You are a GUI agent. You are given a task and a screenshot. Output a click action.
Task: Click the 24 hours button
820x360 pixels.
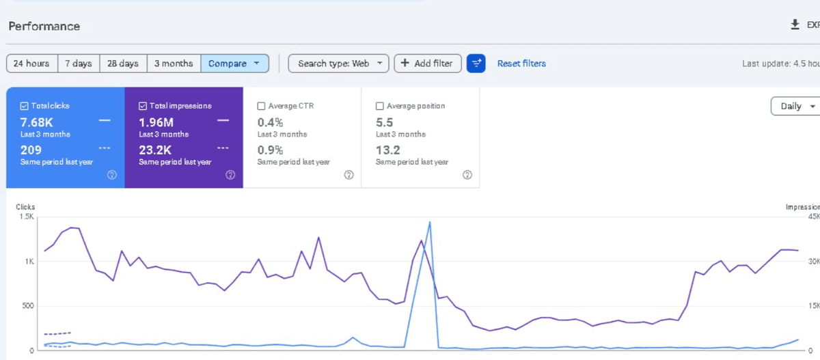(x=32, y=64)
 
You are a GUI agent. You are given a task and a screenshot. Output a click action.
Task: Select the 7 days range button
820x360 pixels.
(x=79, y=64)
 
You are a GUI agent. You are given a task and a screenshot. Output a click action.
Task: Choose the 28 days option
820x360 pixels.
(x=123, y=64)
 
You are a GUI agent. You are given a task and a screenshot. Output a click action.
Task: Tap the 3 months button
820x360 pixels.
(x=174, y=64)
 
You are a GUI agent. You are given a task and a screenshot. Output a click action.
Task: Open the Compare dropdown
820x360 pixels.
(x=234, y=64)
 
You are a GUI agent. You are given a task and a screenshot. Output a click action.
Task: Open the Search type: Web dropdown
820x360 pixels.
(x=339, y=64)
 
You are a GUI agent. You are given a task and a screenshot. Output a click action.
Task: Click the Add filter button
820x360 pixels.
(x=428, y=64)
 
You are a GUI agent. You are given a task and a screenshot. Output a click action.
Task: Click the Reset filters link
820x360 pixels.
(x=521, y=64)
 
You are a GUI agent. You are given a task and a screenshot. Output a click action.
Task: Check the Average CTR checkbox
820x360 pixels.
(x=261, y=106)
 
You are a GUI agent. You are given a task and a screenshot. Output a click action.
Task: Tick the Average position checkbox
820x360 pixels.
(x=380, y=106)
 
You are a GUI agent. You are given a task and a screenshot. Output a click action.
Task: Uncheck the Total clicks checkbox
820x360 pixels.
(x=24, y=106)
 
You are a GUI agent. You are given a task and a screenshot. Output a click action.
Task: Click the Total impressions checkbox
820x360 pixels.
(x=143, y=106)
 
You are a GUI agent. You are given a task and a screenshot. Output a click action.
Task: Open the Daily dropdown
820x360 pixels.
(x=796, y=106)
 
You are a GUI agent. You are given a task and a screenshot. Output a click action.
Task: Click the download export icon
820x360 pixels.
(x=795, y=25)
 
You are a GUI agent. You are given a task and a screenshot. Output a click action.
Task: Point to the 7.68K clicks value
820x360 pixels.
(x=37, y=122)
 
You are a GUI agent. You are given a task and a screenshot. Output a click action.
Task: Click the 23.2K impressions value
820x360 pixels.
(x=155, y=150)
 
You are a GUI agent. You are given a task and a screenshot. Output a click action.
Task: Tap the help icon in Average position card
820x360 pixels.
(x=467, y=175)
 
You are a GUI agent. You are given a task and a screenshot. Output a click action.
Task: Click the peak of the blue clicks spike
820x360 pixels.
(x=430, y=222)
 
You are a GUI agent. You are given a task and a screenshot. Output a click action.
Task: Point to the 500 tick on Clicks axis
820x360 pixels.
(x=28, y=305)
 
